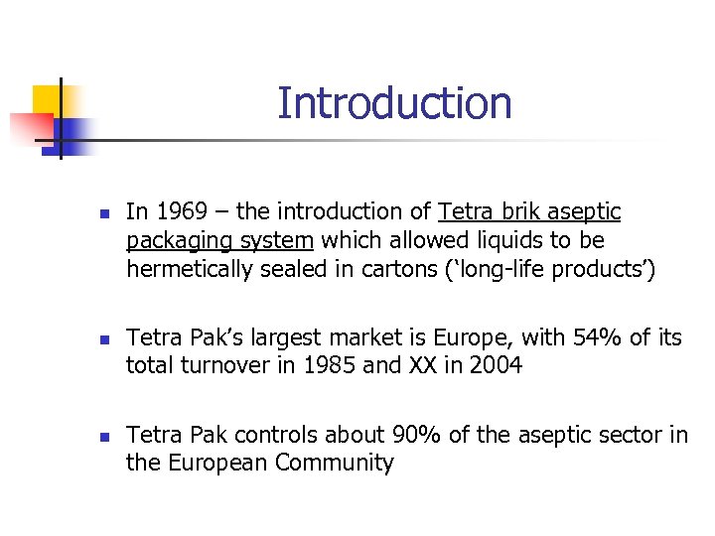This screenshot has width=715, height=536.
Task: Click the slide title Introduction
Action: (x=394, y=103)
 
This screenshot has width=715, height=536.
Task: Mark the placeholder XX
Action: (x=421, y=366)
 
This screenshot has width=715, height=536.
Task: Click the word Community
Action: (x=335, y=463)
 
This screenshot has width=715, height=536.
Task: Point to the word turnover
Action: (x=221, y=366)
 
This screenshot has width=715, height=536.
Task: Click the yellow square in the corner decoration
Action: (x=48, y=100)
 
